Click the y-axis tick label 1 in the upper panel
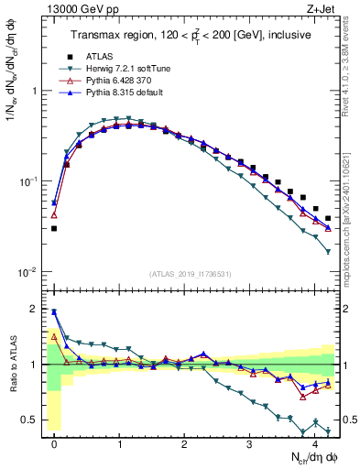37,92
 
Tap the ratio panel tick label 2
37,309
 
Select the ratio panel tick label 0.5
33,421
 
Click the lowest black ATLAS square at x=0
54,228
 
